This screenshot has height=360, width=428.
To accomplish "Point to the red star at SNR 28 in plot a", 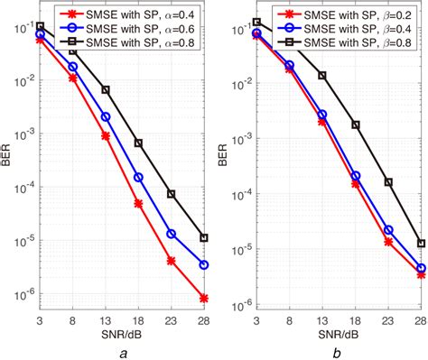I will pyautogui.click(x=205, y=298).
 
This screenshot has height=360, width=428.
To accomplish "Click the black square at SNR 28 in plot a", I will pyautogui.click(x=205, y=238).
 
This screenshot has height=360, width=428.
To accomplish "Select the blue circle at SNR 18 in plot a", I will pyautogui.click(x=138, y=178).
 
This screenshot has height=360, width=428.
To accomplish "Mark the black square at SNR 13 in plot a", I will pyautogui.click(x=106, y=90).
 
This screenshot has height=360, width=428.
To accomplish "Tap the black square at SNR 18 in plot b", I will pyautogui.click(x=355, y=125).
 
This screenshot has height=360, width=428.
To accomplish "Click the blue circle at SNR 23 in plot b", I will pyautogui.click(x=388, y=230).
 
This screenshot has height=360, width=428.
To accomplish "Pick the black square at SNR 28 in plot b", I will pyautogui.click(x=421, y=244).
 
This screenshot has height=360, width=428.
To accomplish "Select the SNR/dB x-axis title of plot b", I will pyautogui.click(x=339, y=327).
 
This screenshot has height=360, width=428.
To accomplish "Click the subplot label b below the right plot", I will pyautogui.click(x=339, y=350).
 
